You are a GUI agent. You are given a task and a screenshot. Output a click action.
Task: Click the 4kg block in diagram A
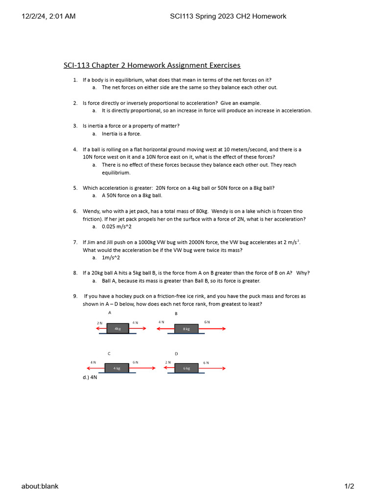coord(117,329)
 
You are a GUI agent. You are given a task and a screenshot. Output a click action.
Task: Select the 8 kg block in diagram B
coord(186,329)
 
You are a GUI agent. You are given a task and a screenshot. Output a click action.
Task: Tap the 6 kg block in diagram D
coord(186,368)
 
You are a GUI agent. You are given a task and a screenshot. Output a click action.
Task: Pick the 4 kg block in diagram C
coord(117,368)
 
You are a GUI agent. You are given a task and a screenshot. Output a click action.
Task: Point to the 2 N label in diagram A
coord(100,323)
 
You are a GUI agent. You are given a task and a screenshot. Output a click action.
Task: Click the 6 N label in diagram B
coord(207,322)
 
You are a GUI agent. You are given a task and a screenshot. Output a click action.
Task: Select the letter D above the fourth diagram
coord(176,353)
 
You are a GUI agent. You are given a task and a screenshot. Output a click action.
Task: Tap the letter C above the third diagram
coord(109,353)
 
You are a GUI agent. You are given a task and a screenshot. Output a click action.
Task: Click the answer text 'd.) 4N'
coord(90,378)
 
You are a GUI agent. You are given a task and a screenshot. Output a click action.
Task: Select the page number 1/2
coord(349,486)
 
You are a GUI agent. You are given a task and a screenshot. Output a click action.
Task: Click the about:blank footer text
coord(40,486)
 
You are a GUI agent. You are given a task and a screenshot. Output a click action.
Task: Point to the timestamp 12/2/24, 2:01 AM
coord(48,16)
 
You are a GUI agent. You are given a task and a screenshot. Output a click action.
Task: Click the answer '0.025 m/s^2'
coord(117,227)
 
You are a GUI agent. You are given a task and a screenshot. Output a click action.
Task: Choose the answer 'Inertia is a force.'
coord(121,134)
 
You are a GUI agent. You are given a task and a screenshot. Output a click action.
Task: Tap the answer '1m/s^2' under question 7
coord(111,258)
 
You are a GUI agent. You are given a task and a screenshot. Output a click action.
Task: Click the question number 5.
coord(75,188)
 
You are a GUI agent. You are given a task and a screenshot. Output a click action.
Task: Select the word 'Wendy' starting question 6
coord(91,211)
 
